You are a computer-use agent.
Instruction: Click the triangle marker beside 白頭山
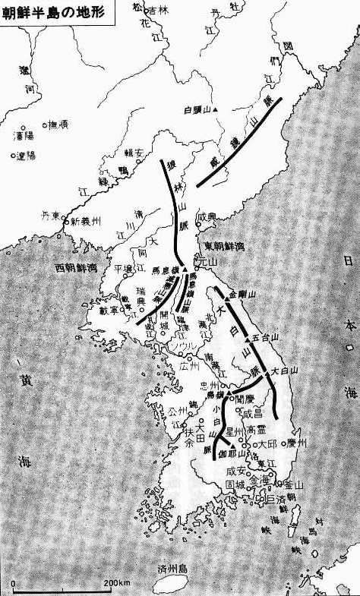216,111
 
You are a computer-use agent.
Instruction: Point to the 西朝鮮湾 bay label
59,268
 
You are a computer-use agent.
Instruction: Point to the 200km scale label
117,581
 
